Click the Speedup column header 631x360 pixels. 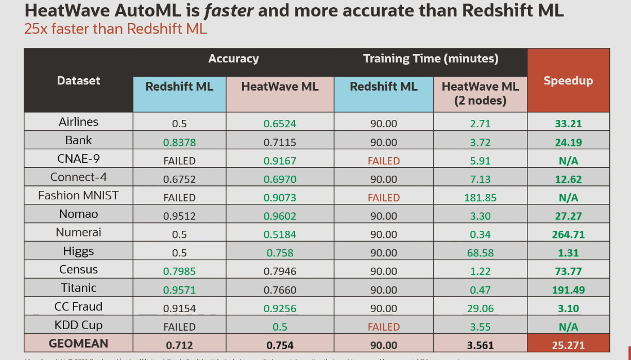click(568, 81)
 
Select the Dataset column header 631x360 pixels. click(78, 81)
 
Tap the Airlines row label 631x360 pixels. click(78, 122)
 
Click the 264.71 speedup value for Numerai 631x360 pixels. click(568, 235)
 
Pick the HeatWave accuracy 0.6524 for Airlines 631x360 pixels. click(280, 124)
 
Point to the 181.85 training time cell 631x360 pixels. click(480, 198)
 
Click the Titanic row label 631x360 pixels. click(78, 288)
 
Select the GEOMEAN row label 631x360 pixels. click(78, 344)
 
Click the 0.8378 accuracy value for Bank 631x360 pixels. click(179, 142)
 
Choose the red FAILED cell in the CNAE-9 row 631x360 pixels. click(383, 161)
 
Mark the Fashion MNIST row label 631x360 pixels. click(78, 196)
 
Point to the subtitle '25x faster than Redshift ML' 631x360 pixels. click(115, 29)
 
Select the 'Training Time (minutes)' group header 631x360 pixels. click(431, 59)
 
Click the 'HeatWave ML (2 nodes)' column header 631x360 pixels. click(480, 93)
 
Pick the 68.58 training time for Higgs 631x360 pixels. click(480, 253)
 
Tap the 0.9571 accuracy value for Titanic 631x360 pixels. click(179, 290)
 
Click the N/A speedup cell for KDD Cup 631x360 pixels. click(568, 327)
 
